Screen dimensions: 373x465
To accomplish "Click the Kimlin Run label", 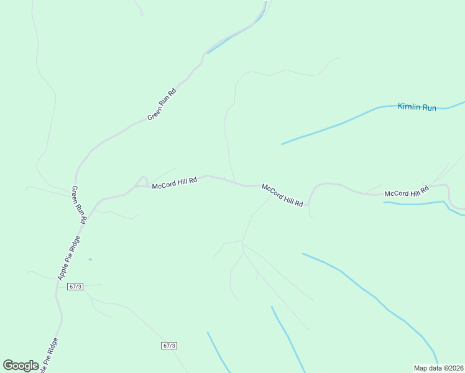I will pyautogui.click(x=417, y=108).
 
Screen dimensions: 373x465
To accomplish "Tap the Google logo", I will pyautogui.click(x=21, y=366).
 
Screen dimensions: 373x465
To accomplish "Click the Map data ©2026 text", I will pyautogui.click(x=439, y=368).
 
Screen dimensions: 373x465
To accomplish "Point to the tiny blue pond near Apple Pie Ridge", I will pyautogui.click(x=90, y=259).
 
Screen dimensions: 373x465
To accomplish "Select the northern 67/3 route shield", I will pyautogui.click(x=76, y=286).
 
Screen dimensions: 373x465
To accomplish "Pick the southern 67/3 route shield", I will pyautogui.click(x=169, y=346).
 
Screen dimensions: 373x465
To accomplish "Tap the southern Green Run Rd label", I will pyautogui.click(x=79, y=205).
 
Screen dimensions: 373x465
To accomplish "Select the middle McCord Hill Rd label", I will pyautogui.click(x=283, y=195).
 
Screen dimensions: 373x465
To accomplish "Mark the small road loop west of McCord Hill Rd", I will pyautogui.click(x=142, y=181).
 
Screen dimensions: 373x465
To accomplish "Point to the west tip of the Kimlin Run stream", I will pyautogui.click(x=282, y=144).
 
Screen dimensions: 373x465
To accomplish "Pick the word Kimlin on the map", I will pyautogui.click(x=409, y=107).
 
